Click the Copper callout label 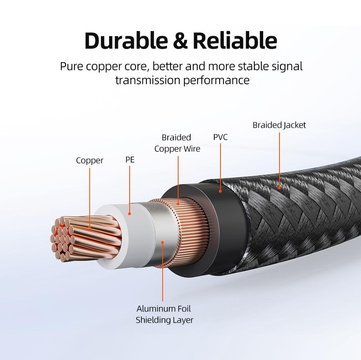(90, 160)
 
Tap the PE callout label (130, 160)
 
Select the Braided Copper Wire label (177, 143)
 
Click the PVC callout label (220, 137)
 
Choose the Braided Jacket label (279, 125)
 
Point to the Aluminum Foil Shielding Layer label (164, 315)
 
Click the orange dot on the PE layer (130, 213)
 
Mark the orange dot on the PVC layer (220, 191)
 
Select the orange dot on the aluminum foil (163, 243)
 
